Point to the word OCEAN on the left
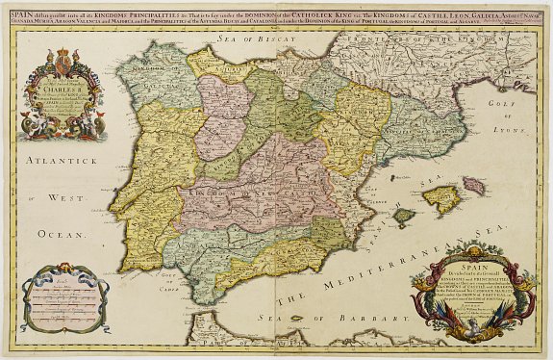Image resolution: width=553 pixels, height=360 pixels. pyautogui.click(x=64, y=232)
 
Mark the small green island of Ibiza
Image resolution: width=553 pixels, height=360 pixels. pyautogui.click(x=405, y=218)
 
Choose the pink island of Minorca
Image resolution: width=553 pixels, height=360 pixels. pyautogui.click(x=473, y=183)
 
